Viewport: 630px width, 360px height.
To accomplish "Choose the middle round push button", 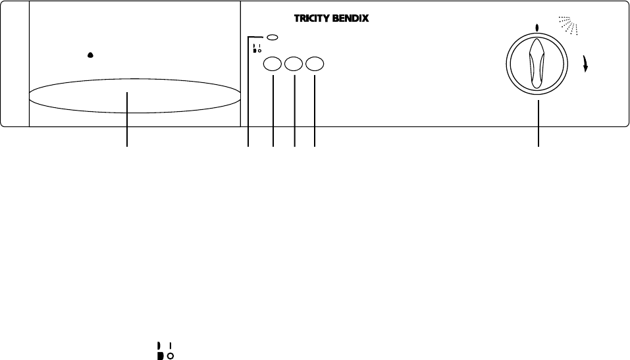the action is pos(294,64).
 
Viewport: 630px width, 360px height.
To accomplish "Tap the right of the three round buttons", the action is pos(315,64).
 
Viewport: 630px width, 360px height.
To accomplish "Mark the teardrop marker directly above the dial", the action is pos(538,28).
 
